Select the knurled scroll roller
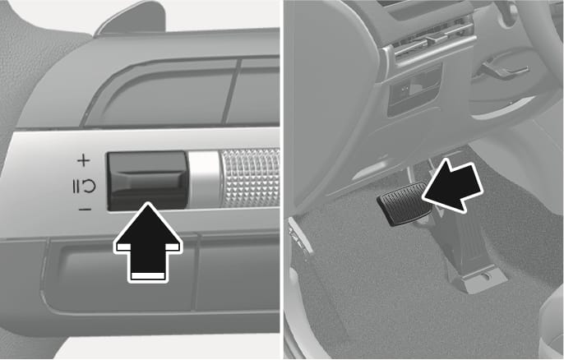point(249,178)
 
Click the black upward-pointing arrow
point(147,240)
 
